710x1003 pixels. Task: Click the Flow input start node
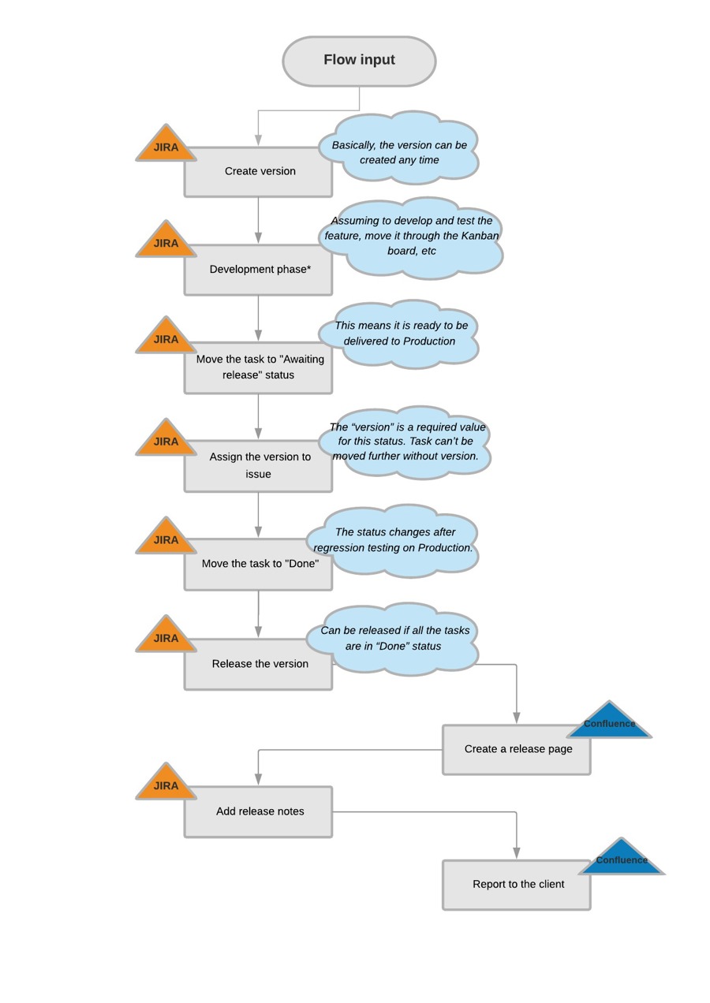pyautogui.click(x=359, y=61)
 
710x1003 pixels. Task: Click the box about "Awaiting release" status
pyautogui.click(x=258, y=367)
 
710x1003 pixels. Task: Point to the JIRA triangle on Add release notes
pyautogui.click(x=166, y=785)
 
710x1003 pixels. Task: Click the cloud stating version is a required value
pyautogui.click(x=407, y=442)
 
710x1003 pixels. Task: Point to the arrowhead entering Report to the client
pyautogui.click(x=517, y=852)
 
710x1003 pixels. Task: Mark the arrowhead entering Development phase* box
pyautogui.click(x=258, y=237)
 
